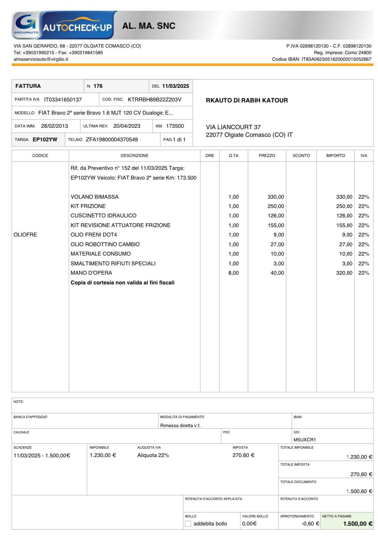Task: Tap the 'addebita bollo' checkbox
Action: click(x=188, y=524)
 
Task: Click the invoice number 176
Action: click(x=98, y=86)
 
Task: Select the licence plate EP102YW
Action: click(x=45, y=140)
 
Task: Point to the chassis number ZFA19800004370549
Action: click(x=112, y=140)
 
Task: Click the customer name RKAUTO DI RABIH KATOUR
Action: click(x=247, y=100)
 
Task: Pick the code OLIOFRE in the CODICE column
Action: click(x=25, y=235)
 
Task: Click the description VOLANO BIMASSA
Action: click(x=95, y=197)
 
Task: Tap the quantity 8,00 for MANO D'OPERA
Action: click(x=233, y=273)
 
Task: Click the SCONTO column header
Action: click(x=301, y=156)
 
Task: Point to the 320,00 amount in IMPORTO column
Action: click(x=344, y=273)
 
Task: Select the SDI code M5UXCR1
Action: click(x=304, y=440)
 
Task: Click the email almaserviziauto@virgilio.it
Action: click(x=41, y=59)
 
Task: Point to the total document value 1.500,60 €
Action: click(x=359, y=491)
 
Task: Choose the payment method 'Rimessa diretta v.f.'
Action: click(x=180, y=425)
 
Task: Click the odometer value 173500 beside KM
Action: click(x=175, y=126)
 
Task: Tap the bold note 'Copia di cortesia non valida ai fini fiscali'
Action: click(x=122, y=283)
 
